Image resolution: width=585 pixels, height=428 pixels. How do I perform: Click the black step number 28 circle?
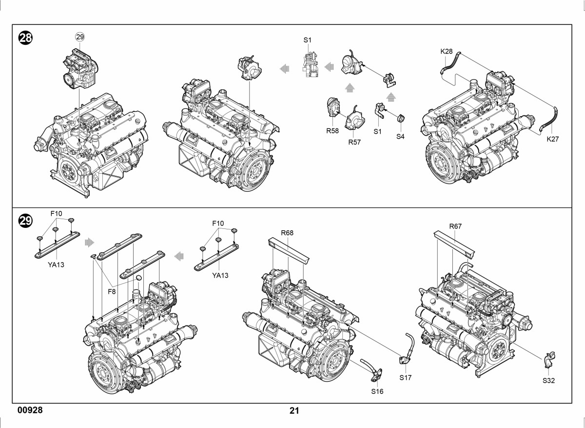pos(25,38)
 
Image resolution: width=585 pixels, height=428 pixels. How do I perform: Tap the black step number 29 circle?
pos(25,221)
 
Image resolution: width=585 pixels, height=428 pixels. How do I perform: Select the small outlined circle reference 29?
pos(80,37)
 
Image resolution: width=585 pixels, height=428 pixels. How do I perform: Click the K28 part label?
pos(447,52)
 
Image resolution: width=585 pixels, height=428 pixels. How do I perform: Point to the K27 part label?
pos(553,139)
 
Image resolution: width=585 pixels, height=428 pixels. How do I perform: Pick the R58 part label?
pos(332,131)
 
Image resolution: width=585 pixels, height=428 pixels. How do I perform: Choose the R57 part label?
pos(354,142)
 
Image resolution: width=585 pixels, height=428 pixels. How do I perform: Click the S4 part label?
pos(400,137)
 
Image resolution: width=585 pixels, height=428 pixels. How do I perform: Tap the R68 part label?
pos(287,233)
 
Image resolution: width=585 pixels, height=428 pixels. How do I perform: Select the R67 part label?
pos(455,226)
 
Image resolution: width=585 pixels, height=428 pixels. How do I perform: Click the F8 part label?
pos(112,291)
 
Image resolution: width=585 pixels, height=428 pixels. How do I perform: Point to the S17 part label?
pos(405,378)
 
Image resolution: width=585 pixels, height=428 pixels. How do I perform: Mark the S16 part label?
pos(377,391)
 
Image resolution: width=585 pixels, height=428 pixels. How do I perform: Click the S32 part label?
pos(548,381)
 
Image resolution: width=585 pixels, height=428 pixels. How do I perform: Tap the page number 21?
pos(294,411)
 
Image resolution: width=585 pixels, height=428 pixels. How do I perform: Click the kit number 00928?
pos(30,410)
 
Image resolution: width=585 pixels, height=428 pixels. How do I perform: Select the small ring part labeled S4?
pos(400,118)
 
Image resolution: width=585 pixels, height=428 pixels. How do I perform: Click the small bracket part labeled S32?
pos(550,360)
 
